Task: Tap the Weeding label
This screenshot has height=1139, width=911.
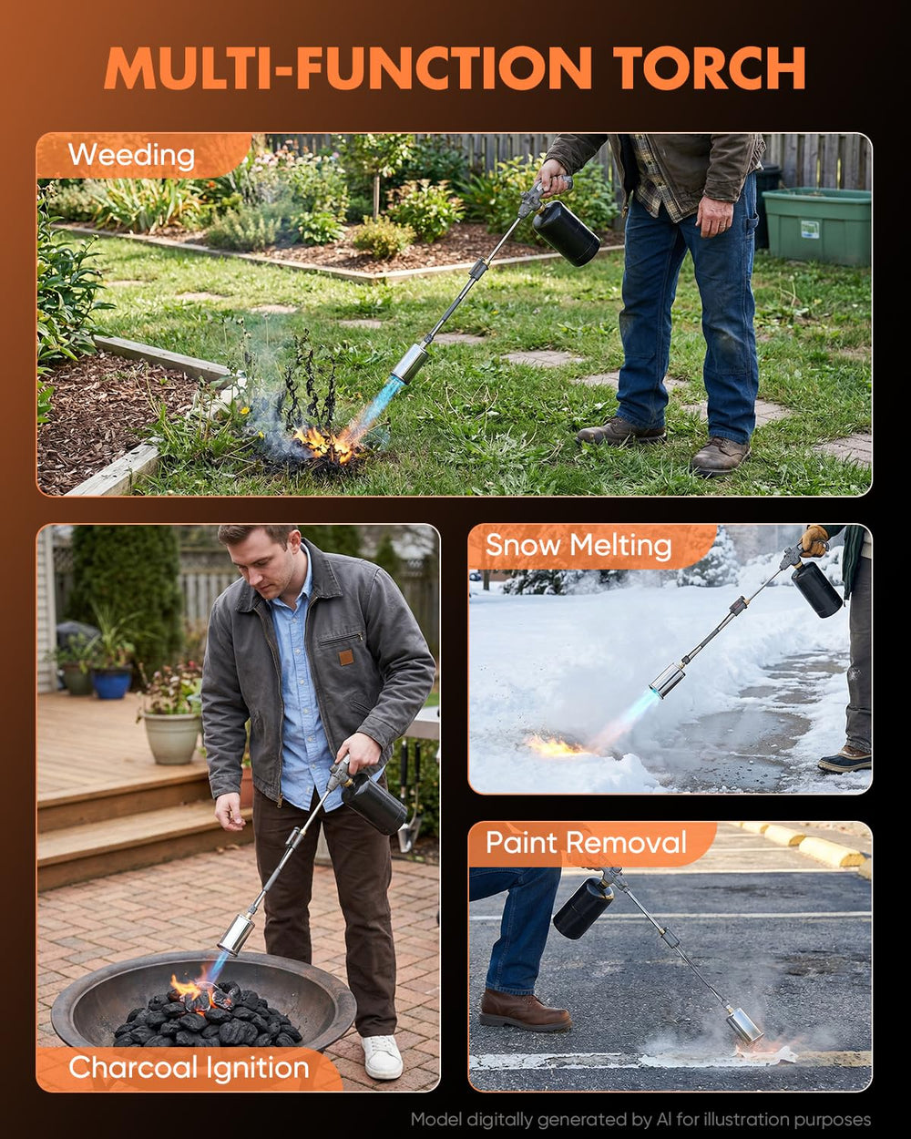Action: [x=131, y=156]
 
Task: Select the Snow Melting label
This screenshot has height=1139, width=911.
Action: [x=578, y=546]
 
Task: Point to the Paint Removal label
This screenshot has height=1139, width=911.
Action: [x=586, y=843]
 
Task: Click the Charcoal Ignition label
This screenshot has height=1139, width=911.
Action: [x=189, y=1068]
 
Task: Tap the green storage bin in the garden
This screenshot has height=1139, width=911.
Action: [x=816, y=226]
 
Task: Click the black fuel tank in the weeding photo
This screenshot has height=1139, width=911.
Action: [x=566, y=233]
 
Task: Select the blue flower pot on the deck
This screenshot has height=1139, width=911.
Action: [x=112, y=682]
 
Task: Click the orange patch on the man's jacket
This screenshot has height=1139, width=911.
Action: [x=345, y=658]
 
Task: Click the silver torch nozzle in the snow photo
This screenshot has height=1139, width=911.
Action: [x=668, y=680]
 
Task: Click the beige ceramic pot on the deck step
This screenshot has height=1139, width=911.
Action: [x=172, y=738]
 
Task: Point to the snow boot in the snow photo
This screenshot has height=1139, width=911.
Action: [x=844, y=760]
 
